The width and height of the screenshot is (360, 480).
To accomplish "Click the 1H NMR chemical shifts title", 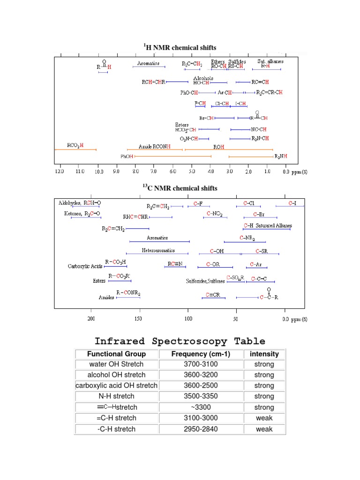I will [x=180, y=47].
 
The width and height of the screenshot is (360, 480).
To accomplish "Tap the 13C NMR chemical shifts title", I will [x=180, y=188].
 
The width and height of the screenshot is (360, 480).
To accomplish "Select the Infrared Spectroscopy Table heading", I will [x=180, y=341].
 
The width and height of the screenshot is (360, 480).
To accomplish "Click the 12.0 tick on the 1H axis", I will [x=59, y=172].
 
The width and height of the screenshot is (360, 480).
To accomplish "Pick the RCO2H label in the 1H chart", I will [x=75, y=145].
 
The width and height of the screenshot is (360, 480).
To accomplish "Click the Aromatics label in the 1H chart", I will [x=149, y=63].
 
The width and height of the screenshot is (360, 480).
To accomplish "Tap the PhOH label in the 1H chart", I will [x=127, y=157].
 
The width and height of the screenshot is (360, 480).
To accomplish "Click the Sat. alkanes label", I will [x=270, y=61].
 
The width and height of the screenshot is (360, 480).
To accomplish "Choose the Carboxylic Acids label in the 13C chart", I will [x=84, y=266].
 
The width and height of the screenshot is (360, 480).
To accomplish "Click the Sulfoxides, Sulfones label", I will [x=205, y=281].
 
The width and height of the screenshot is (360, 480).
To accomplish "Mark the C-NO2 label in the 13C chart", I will [x=214, y=214].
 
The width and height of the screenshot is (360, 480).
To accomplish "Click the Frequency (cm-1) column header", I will [x=201, y=354].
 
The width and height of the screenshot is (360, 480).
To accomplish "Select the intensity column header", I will [x=264, y=354].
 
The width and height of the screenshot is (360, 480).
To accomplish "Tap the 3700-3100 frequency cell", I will [x=201, y=364].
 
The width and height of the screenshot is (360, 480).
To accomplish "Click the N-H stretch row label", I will [x=117, y=397].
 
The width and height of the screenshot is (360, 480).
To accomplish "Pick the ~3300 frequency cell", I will [x=201, y=407].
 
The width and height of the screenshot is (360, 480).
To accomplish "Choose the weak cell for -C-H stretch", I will [x=264, y=429].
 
